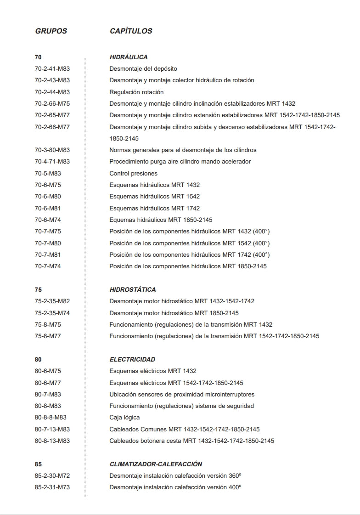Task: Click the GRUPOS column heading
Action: tap(51, 31)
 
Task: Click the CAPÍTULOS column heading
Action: tap(131, 31)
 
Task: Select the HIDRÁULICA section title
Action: tap(129, 57)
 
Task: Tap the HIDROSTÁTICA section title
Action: tap(133, 290)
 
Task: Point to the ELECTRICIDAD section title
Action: tap(132, 360)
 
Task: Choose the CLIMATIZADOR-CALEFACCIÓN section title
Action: tap(156, 464)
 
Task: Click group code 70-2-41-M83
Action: tap(52, 69)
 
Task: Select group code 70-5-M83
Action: tap(48, 174)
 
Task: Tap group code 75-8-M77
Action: tap(48, 336)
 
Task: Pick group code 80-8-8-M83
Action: tap(51, 418)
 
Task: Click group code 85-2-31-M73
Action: tap(52, 487)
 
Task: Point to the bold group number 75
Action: tap(38, 290)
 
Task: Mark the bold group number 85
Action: tap(38, 464)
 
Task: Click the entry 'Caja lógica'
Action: tap(124, 418)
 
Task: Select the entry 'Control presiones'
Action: tap(133, 174)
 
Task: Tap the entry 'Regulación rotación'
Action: tap(136, 92)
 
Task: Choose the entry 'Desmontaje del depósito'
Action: tap(143, 69)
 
